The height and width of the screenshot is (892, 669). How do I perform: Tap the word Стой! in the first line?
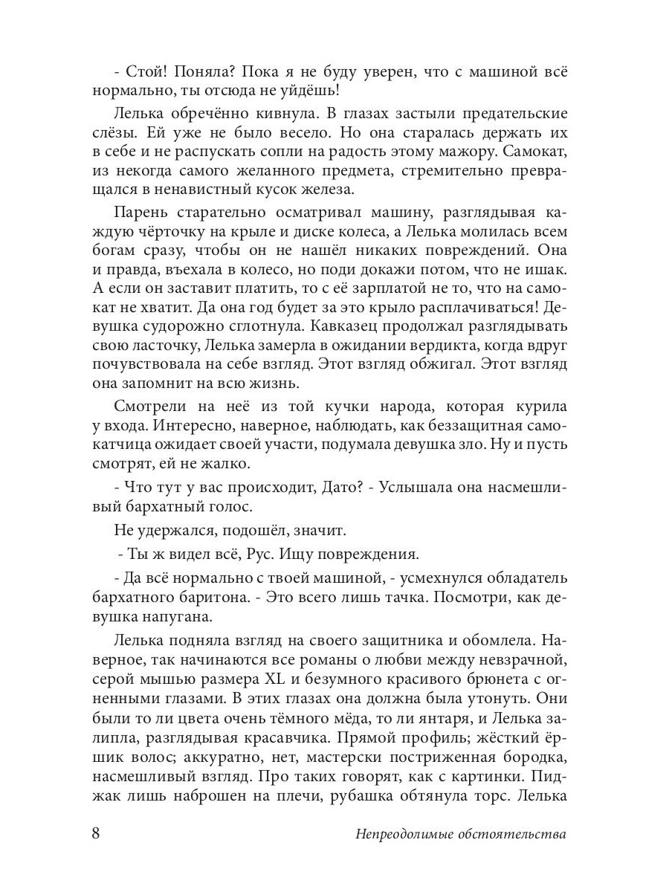point(146,73)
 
